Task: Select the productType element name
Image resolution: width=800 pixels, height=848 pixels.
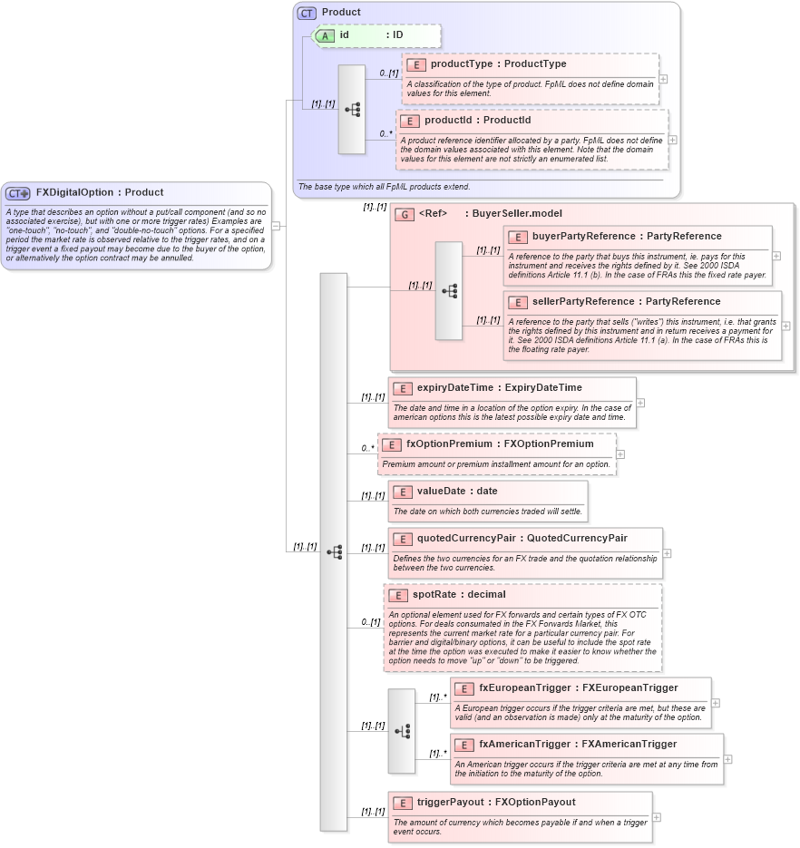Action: [498, 64]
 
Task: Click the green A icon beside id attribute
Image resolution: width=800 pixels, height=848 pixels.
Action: [325, 35]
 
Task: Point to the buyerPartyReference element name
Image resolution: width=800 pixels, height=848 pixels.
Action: [627, 236]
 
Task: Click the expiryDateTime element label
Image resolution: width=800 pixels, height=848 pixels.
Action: [499, 387]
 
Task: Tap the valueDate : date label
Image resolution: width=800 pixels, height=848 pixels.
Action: [457, 491]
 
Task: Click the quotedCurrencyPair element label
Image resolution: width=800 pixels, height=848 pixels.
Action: [522, 538]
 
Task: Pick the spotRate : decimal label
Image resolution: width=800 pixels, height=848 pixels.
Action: [459, 595]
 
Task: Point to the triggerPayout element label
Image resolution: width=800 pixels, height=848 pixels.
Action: [495, 802]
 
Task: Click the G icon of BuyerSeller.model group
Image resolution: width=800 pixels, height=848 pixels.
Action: [405, 214]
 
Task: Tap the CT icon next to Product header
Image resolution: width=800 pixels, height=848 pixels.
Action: [307, 13]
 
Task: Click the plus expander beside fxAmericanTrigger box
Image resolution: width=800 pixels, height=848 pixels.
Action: [727, 760]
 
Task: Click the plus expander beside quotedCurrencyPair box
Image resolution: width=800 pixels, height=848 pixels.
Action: [668, 552]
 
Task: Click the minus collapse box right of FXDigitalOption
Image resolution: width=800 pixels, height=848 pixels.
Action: [276, 226]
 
